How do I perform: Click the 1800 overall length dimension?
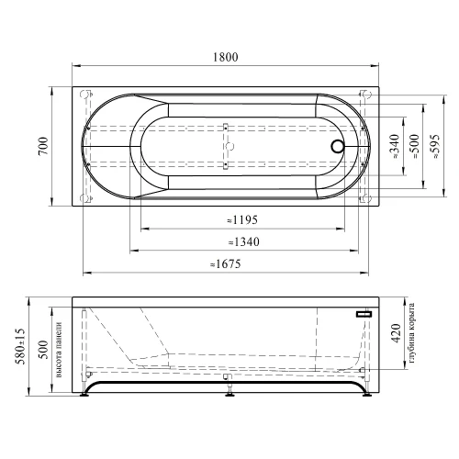[226, 57]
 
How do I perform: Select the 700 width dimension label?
[43, 146]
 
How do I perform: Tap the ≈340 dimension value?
[395, 146]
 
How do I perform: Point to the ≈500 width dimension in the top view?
[414, 146]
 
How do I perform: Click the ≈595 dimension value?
[434, 146]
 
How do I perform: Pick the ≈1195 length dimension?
[242, 220]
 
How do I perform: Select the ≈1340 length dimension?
[244, 242]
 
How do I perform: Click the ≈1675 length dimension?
[226, 263]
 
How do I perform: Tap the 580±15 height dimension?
[20, 346]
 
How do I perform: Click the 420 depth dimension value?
[397, 333]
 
